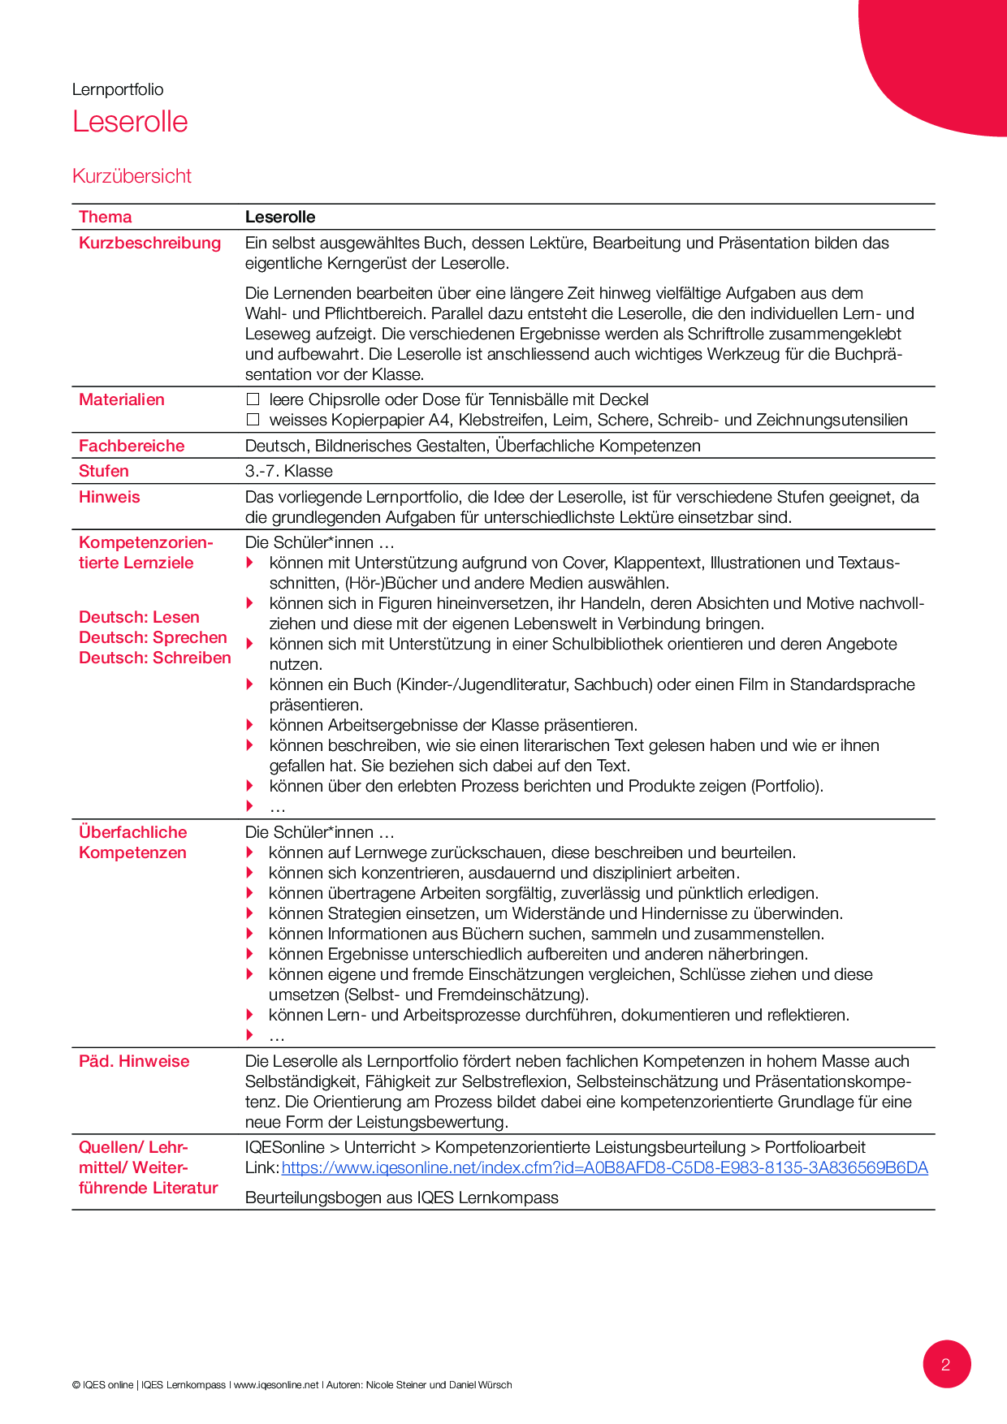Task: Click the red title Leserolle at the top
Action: click(130, 122)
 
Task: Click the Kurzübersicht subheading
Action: click(132, 176)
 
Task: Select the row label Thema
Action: click(105, 217)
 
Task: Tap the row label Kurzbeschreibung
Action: click(149, 243)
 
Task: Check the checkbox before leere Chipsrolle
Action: click(253, 399)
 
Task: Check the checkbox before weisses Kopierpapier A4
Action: click(253, 420)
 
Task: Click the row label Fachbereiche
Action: click(132, 446)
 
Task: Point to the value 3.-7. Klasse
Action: click(288, 471)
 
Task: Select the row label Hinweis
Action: click(109, 497)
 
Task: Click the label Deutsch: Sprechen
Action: click(153, 637)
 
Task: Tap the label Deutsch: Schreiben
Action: click(154, 658)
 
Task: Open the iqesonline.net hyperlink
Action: click(604, 1167)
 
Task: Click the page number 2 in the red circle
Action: click(946, 1364)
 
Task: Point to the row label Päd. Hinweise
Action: click(134, 1061)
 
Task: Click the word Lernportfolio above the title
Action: click(118, 89)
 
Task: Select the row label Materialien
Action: click(121, 399)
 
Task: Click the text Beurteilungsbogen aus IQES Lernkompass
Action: click(401, 1197)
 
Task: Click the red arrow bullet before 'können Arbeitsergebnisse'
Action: click(250, 725)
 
